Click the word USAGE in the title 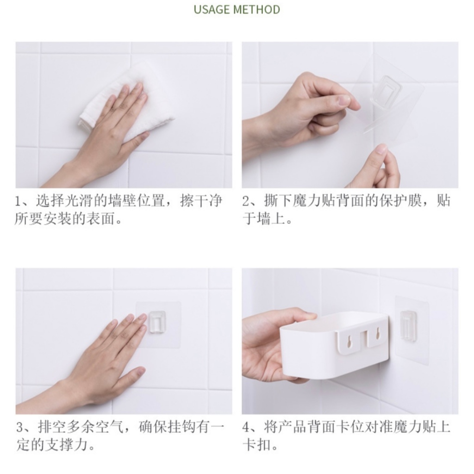(212, 9)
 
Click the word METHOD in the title (256, 9)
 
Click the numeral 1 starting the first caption (18, 201)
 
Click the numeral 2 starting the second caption (245, 201)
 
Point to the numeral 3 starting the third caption (19, 427)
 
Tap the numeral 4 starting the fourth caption (245, 427)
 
